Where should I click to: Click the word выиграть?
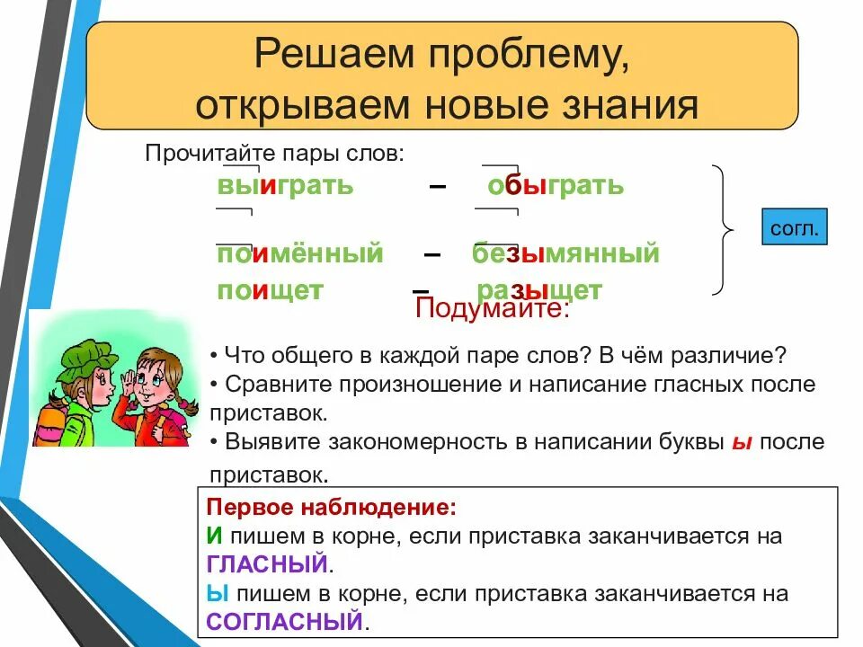[x=285, y=185]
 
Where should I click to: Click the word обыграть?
[x=556, y=185]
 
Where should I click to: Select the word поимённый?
[x=300, y=253]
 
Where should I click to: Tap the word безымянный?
[x=565, y=253]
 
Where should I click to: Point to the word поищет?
[x=270, y=290]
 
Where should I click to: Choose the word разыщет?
[x=539, y=290]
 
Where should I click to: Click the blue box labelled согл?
[x=794, y=226]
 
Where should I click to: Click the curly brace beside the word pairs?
[x=723, y=230]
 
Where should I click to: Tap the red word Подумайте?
[x=492, y=307]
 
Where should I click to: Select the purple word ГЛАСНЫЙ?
[x=267, y=564]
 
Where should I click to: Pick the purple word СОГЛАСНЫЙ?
[x=285, y=622]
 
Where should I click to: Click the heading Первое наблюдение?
[x=332, y=507]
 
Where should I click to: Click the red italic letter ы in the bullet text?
[x=742, y=443]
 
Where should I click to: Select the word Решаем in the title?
[x=334, y=54]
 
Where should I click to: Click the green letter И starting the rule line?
[x=214, y=536]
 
